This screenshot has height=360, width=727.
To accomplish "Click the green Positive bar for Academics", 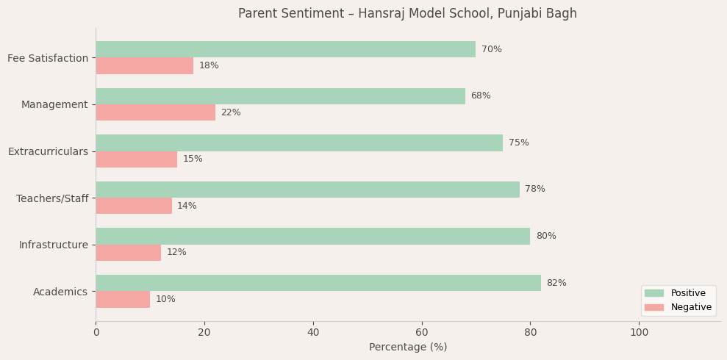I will tap(318, 283).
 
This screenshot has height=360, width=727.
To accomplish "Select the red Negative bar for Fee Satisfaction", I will tap(144, 66).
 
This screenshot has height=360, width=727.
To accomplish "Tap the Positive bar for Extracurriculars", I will tap(299, 143).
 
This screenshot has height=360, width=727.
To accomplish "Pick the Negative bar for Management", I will tap(155, 112).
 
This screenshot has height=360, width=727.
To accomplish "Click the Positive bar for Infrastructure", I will tap(312, 236).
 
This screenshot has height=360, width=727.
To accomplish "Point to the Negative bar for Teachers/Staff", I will tap(134, 206).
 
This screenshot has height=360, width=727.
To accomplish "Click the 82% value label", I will tap(556, 283).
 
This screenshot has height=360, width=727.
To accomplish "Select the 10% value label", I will tap(165, 300).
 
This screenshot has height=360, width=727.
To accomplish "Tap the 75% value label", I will tap(518, 143).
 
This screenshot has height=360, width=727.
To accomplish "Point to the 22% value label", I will tap(231, 112).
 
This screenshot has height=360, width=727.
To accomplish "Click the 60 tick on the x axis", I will tap(422, 333).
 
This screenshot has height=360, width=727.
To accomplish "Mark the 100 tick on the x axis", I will tap(639, 333).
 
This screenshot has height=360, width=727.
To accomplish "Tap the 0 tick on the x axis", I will tap(96, 333).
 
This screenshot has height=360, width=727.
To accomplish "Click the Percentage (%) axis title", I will tap(408, 348).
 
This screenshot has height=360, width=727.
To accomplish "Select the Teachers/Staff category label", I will tap(52, 198).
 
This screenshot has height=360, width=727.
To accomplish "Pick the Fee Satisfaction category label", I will tap(48, 58).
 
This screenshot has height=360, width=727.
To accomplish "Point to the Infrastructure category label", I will tap(54, 245).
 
